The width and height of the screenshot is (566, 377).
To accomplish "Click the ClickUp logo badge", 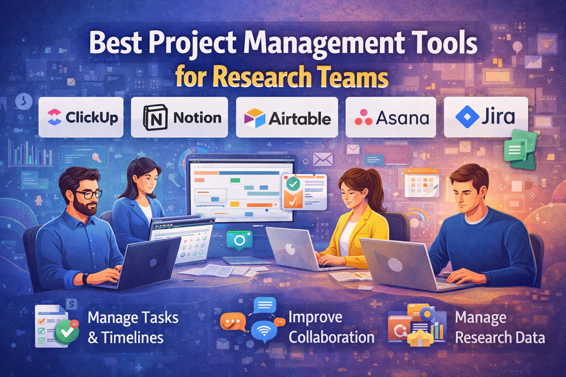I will tap(81, 117).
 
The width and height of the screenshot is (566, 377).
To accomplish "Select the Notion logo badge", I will tap(179, 117).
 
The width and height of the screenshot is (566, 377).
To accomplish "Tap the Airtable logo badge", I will tap(287, 117).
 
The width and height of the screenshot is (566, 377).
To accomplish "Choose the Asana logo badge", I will tap(391, 117).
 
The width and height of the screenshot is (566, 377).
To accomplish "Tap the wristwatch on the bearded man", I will tap(84, 278).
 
